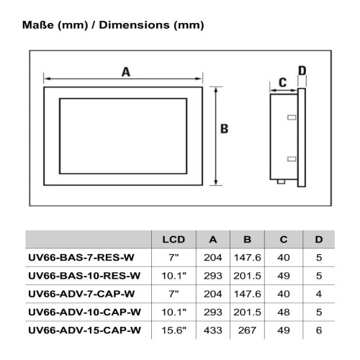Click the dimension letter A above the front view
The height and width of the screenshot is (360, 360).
point(126,72)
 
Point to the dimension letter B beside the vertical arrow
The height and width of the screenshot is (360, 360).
point(224,129)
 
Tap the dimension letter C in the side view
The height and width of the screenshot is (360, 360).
point(283,82)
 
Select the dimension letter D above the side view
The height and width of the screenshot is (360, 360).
point(302,71)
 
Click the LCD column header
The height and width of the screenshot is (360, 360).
point(174,240)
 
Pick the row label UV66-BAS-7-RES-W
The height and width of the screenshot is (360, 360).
point(81,258)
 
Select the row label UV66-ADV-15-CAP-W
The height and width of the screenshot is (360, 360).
point(84,330)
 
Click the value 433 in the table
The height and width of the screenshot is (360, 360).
point(213,330)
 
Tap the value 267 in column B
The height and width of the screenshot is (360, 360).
point(247,330)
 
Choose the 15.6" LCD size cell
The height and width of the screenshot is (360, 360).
point(174,330)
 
